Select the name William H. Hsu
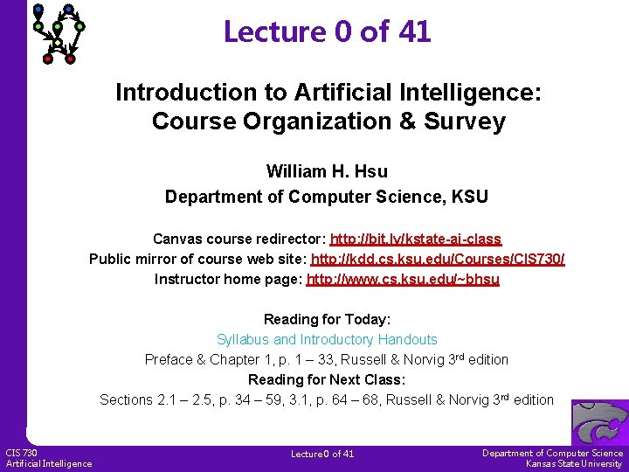(327, 172)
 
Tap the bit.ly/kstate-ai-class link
(416, 239)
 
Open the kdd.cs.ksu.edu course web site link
(439, 259)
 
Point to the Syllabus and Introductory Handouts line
(327, 339)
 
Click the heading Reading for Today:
(327, 319)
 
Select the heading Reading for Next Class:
(327, 379)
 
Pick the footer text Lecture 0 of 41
(322, 454)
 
